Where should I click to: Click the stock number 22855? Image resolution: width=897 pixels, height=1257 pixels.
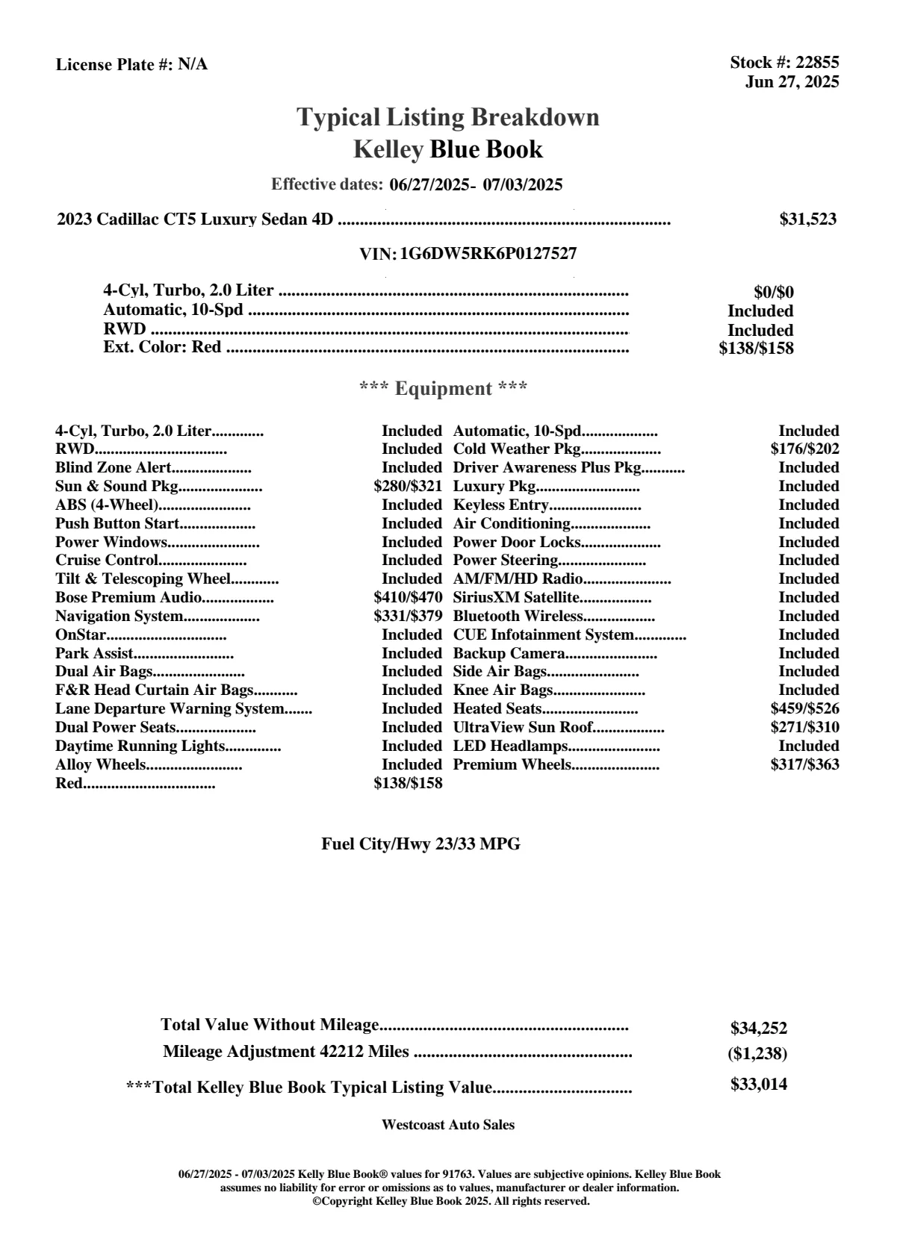pyautogui.click(x=817, y=63)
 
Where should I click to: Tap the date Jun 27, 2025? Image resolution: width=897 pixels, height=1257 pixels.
pyautogui.click(x=792, y=81)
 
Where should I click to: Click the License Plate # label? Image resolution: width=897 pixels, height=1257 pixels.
pyautogui.click(x=115, y=65)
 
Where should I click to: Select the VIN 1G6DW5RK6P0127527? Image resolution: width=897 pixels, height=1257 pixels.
pyautogui.click(x=488, y=254)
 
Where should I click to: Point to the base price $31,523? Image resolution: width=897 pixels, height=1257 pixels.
pyautogui.click(x=808, y=219)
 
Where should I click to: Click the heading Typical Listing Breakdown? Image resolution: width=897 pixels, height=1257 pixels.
pyautogui.click(x=448, y=117)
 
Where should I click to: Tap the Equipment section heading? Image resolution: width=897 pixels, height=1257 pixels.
pyautogui.click(x=444, y=389)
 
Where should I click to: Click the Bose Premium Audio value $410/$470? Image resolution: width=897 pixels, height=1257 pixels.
pyautogui.click(x=408, y=598)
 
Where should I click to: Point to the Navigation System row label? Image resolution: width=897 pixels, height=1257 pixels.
pyautogui.click(x=120, y=617)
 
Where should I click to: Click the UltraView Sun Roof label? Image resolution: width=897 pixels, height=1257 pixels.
pyautogui.click(x=523, y=728)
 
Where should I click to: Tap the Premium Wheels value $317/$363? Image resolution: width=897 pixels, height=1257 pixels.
pyautogui.click(x=804, y=764)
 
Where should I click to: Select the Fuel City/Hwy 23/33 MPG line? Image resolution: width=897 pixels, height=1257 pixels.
pyautogui.click(x=420, y=844)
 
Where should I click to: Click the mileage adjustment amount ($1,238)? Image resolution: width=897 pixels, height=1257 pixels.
pyautogui.click(x=757, y=1054)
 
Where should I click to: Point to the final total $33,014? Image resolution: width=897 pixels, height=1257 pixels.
pyautogui.click(x=759, y=1085)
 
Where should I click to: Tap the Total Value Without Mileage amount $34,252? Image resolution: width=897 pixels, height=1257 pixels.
pyautogui.click(x=759, y=1029)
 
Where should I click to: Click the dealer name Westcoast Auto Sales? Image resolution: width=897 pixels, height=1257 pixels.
pyautogui.click(x=448, y=1125)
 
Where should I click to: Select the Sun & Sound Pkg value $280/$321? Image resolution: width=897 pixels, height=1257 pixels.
pyautogui.click(x=408, y=487)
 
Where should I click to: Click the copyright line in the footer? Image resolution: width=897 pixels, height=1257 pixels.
pyautogui.click(x=451, y=1201)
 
